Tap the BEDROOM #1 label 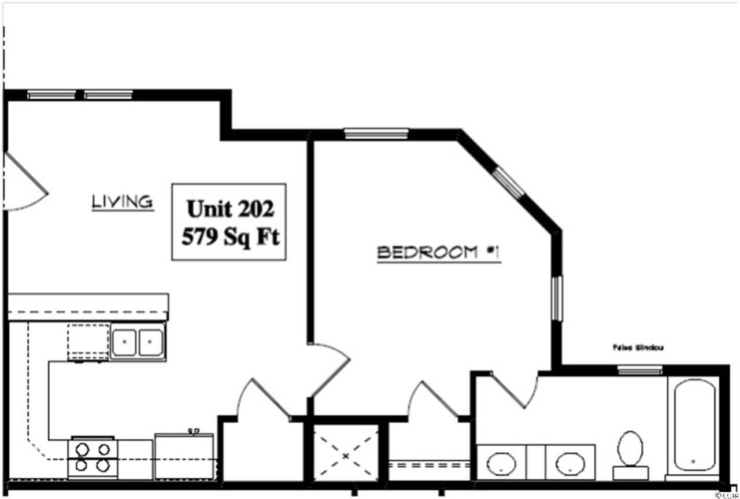438,253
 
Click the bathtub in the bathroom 694,426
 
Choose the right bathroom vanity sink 571,463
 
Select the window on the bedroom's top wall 376,134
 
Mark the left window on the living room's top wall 51,95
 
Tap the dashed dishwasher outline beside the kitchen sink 88,342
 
